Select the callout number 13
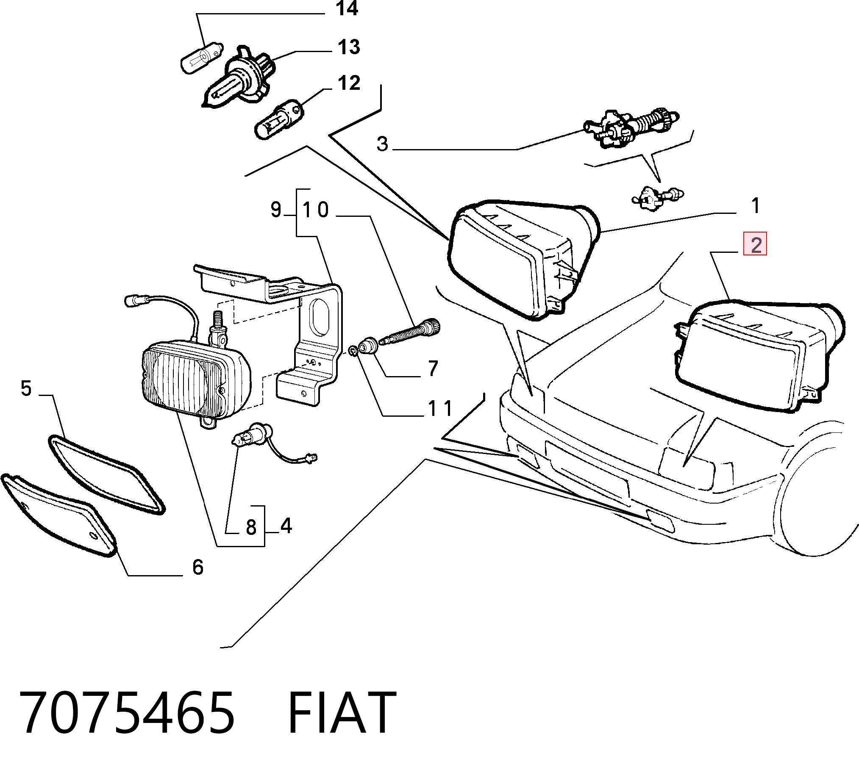pos(349,47)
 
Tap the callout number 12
pos(349,83)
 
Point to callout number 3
pos(383,144)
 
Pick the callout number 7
pos(434,368)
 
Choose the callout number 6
pos(198,568)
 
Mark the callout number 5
pos(26,389)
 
